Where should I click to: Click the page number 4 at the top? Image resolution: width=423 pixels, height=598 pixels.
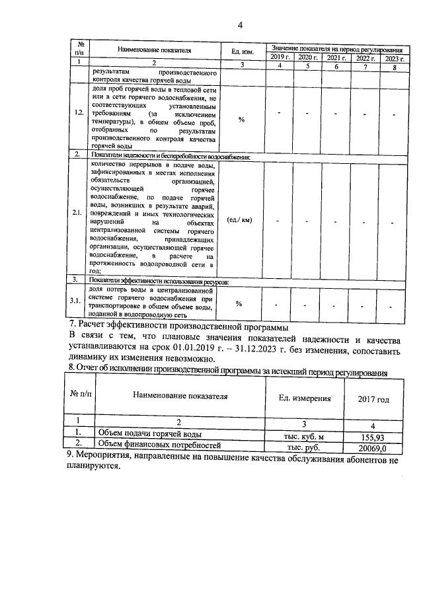pos(241,25)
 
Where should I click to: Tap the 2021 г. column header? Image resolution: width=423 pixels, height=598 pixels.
pos(336,58)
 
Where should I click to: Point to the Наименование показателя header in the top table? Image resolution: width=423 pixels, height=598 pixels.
pos(153,50)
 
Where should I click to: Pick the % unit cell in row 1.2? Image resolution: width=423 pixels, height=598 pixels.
pos(241,119)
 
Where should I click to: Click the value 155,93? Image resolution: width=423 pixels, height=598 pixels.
pos(373,437)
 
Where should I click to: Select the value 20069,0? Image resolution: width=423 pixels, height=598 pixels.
pos(373,447)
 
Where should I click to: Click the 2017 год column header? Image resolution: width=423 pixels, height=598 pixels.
pos(373,399)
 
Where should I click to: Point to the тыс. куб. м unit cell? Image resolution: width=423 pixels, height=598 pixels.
pos(304,437)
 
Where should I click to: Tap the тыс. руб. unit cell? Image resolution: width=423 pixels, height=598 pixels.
pos(303,447)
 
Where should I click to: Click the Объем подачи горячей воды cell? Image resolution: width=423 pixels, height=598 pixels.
pos(149,433)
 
